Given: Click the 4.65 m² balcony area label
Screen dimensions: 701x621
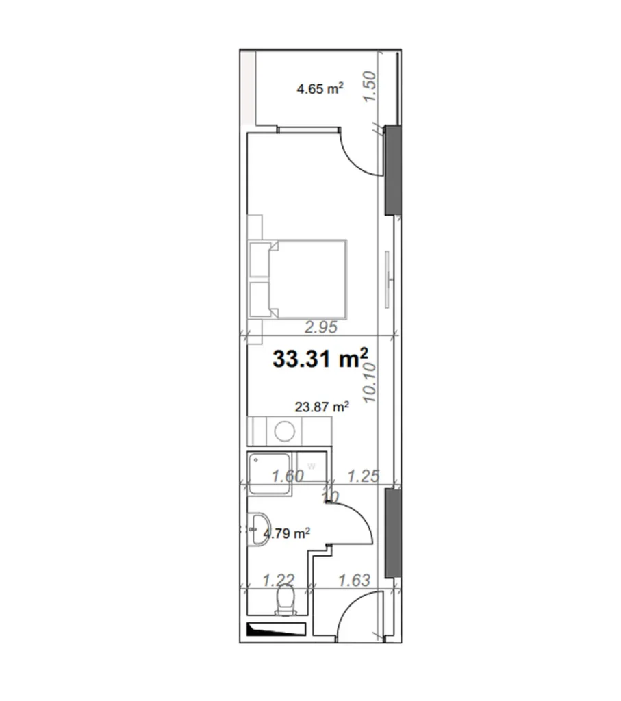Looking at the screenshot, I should pyautogui.click(x=320, y=88).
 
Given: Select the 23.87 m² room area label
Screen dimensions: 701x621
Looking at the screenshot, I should pyautogui.click(x=322, y=407).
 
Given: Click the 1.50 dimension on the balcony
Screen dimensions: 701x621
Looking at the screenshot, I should pyautogui.click(x=370, y=87).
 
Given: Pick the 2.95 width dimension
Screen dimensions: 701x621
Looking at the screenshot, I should pyautogui.click(x=321, y=327).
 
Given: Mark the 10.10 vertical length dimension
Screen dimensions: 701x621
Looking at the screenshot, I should pyautogui.click(x=370, y=383).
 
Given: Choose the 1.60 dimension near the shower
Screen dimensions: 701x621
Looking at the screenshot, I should pyautogui.click(x=286, y=476).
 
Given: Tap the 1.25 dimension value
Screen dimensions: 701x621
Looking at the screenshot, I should pyautogui.click(x=363, y=476).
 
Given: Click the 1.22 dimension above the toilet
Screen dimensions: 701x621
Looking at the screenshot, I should pyautogui.click(x=279, y=581).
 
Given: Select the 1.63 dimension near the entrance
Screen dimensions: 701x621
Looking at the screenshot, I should pyautogui.click(x=354, y=581).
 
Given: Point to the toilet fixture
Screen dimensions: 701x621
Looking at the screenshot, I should pyautogui.click(x=283, y=602).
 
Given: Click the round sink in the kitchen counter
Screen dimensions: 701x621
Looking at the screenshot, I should pyautogui.click(x=284, y=431).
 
